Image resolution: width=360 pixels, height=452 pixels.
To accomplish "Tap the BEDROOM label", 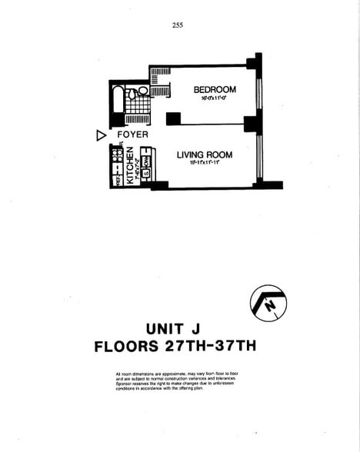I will click(215, 90).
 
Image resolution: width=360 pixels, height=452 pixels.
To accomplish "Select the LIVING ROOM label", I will click(205, 155).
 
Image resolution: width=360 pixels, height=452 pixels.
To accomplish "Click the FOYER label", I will click(133, 135).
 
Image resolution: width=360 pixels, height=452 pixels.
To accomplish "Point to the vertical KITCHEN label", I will click(131, 165).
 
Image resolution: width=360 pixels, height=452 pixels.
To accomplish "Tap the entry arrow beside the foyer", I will click(101, 135).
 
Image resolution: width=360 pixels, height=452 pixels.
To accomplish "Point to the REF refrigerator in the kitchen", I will click(118, 181).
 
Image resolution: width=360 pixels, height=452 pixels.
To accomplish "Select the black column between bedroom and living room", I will click(173, 118).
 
